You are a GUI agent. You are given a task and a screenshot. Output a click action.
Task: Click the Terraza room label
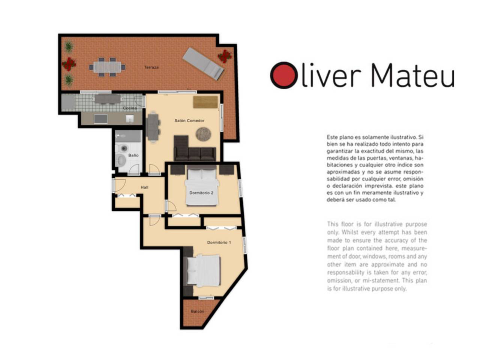pos(151,67)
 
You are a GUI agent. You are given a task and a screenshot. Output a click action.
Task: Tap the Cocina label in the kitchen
pos(129,108)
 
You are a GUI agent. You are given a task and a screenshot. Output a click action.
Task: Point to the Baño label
pos(133,155)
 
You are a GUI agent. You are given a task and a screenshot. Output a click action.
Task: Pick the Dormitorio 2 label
pos(201,192)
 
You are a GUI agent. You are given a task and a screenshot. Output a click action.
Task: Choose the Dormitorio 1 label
pos(219,242)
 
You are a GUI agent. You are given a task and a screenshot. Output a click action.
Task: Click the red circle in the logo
pos(283,75)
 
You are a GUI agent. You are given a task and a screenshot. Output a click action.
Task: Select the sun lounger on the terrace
pos(203,64)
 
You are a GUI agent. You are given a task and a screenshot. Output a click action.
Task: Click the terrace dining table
pos(107,67)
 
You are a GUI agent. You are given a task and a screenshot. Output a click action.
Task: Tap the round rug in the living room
pos(203,134)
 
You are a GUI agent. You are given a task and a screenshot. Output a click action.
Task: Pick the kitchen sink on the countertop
pos(129,119)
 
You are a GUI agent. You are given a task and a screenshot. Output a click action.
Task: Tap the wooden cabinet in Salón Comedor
pos(205,102)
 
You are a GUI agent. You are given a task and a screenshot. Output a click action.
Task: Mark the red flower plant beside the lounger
pos(224,56)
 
